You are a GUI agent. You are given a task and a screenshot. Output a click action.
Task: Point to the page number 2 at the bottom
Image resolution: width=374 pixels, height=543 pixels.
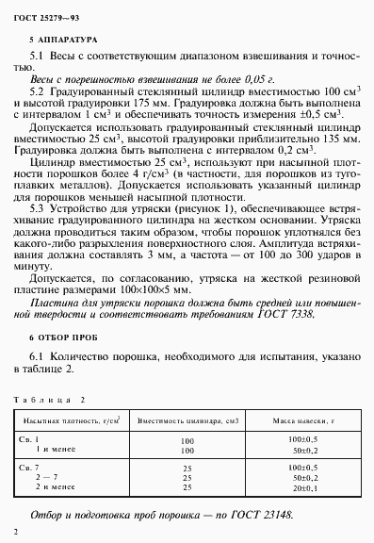16,535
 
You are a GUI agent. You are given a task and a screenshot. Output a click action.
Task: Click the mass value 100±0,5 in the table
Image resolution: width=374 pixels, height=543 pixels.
302,439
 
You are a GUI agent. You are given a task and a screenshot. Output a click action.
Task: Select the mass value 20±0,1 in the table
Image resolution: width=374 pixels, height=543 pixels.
302,488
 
